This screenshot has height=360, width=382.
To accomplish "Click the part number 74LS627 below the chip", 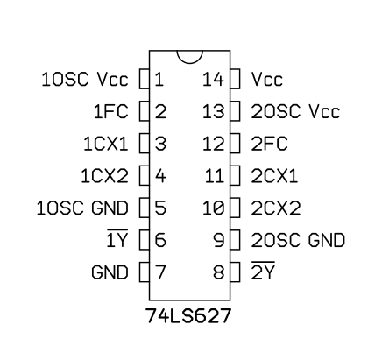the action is (x=188, y=315).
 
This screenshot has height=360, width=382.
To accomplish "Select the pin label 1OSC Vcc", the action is (x=85, y=79).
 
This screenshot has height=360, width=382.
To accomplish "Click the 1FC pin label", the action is (x=111, y=111).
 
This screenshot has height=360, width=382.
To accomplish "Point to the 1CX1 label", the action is (x=106, y=144).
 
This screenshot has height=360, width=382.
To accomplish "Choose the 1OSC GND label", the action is (x=82, y=208).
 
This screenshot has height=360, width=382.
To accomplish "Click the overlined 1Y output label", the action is (x=117, y=238).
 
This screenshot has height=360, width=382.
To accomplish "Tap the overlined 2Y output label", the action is (x=263, y=271).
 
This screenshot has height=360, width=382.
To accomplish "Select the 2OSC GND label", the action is (x=298, y=240).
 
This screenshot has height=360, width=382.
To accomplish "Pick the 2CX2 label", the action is (x=276, y=208).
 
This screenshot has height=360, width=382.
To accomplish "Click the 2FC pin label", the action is (x=269, y=144).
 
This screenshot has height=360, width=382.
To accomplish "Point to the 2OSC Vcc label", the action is (x=295, y=111).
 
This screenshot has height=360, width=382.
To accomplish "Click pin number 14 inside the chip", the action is (x=214, y=79).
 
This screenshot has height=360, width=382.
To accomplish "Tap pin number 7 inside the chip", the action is (x=160, y=272).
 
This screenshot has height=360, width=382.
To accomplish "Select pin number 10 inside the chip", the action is (x=214, y=208).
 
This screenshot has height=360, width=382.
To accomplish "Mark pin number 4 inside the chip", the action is (x=160, y=176).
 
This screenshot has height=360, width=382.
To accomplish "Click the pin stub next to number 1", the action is (x=145, y=79).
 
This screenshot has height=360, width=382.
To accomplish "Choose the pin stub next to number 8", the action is (x=235, y=272).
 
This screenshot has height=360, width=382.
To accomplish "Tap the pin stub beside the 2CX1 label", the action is (x=235, y=175).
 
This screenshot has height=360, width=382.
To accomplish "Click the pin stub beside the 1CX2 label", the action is (x=145, y=175).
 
